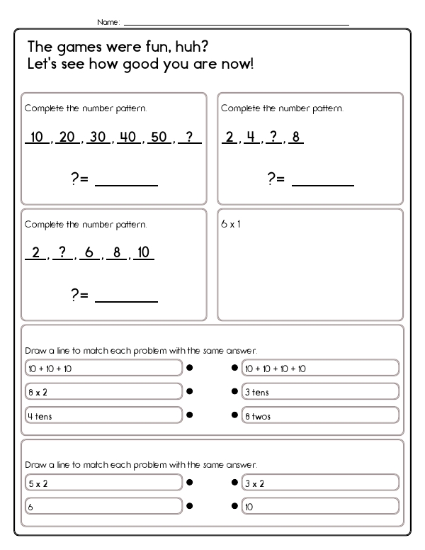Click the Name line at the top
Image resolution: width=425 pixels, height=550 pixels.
coord(236,26)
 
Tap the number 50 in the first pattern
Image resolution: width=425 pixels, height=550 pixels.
coord(159,137)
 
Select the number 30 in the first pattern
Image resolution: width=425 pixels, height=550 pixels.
coord(98,137)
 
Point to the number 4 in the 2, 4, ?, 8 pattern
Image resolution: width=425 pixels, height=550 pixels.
coord(250,137)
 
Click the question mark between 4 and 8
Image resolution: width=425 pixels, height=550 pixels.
coord(273,137)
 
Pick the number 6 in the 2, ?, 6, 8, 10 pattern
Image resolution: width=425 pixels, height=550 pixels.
coord(90,253)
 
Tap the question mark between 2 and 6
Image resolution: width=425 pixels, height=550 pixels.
coord(62,253)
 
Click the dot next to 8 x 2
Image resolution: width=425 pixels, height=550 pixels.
coord(190,391)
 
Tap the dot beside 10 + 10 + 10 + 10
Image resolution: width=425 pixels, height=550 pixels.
coord(234,369)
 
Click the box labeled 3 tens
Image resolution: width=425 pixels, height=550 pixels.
coord(320,392)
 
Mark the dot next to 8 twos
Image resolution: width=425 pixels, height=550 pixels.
coord(234,416)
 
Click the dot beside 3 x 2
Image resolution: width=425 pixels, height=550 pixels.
coord(234,483)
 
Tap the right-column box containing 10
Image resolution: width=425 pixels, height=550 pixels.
coord(320,507)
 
